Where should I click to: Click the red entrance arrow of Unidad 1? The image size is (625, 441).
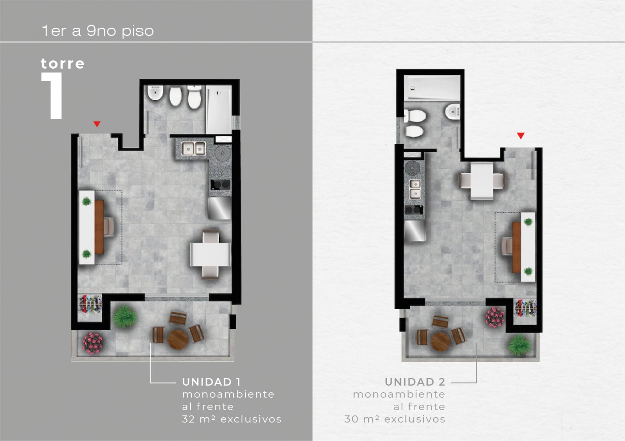(x=97, y=124)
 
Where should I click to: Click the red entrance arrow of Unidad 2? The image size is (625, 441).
(x=521, y=135)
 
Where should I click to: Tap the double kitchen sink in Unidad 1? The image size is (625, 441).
(x=193, y=148)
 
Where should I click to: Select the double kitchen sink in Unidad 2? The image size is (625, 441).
(x=415, y=189)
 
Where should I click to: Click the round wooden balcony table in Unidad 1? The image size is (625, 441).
(x=177, y=340)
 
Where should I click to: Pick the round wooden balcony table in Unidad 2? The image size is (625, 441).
(x=441, y=341)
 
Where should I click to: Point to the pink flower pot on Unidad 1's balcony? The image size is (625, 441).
(x=93, y=343)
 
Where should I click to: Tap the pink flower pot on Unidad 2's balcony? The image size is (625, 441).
(x=495, y=317)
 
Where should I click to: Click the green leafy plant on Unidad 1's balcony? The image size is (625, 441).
(x=125, y=317)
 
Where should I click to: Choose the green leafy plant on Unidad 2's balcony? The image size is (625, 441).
(x=519, y=346)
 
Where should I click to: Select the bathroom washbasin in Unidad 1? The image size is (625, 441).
(x=155, y=93)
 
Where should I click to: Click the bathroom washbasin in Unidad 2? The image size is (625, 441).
(x=453, y=112)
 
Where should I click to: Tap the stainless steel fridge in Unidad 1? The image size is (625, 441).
(x=220, y=208)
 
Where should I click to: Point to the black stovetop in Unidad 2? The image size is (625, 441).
(x=414, y=210)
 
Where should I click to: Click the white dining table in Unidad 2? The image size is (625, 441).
(x=482, y=181)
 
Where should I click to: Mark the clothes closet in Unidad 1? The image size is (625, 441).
(x=90, y=304)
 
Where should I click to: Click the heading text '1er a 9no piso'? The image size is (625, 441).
(x=98, y=31)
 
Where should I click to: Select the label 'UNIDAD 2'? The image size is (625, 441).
(x=415, y=382)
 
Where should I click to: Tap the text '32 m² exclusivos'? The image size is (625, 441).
(x=232, y=419)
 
